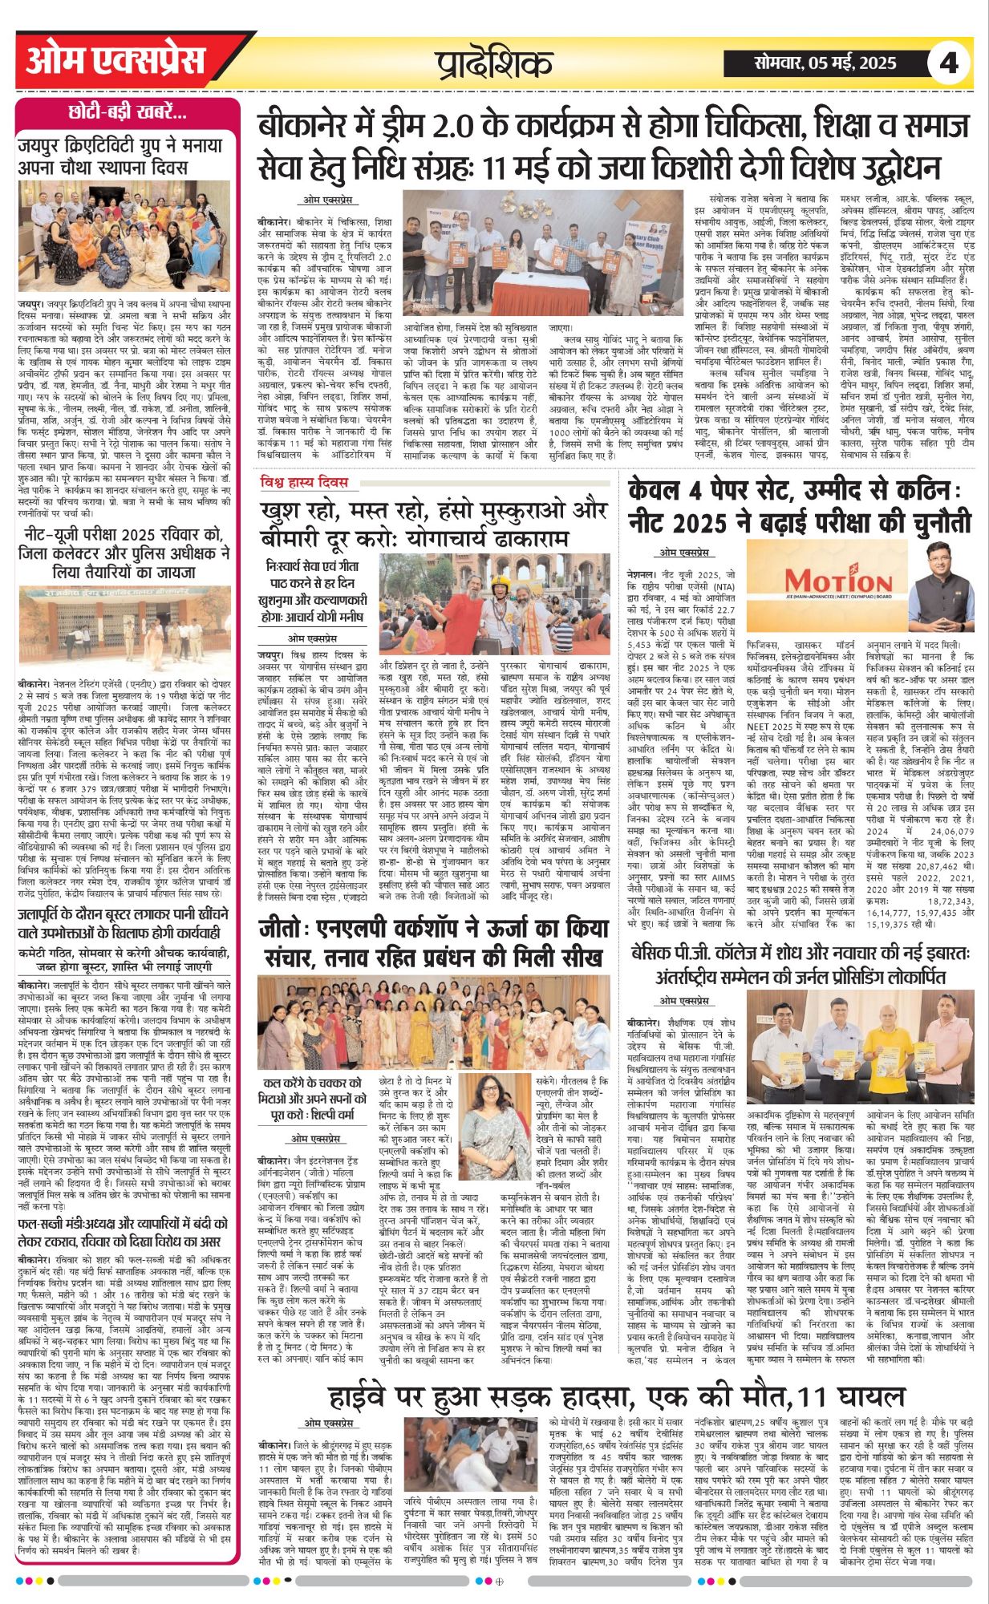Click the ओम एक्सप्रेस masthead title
(117, 61)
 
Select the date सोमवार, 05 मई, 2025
(825, 62)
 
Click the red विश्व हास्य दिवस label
(315, 482)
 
